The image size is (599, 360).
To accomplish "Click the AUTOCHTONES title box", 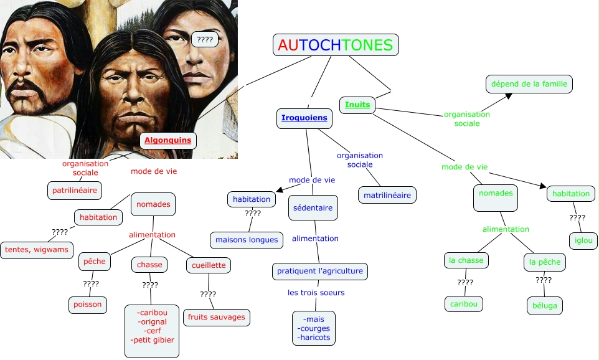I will point(336,45).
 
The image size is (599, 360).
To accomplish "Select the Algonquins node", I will point(168,140).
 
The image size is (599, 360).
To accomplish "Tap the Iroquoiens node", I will point(304,118).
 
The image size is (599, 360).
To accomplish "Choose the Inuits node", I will point(357,105).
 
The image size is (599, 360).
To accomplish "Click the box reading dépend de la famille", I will point(529,84).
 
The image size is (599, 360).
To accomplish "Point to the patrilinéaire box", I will point(74,190).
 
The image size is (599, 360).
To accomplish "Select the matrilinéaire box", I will point(387,195).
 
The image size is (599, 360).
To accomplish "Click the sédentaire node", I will point(313,207).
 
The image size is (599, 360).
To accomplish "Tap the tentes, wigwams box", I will point(37,250).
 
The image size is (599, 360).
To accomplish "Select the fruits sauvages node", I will point(217,317).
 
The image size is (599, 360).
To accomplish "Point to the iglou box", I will point(582,240).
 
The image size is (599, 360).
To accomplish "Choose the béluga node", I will point(544,306).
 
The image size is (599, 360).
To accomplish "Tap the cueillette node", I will point(209,265).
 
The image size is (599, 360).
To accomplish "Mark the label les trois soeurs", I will point(316,292).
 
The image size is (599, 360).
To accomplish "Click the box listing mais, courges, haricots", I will point(314,328).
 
